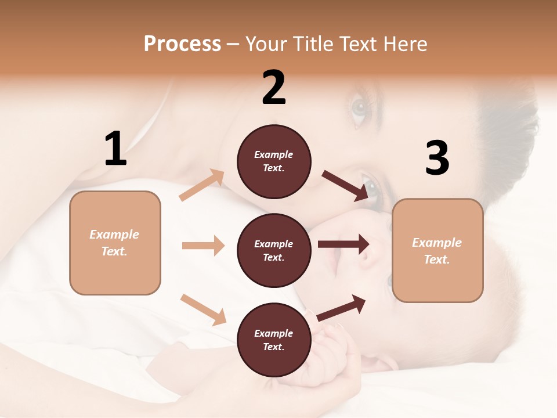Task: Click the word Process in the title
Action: [182, 44]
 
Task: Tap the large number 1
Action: [115, 149]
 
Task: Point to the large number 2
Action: [274, 88]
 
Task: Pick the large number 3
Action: [437, 158]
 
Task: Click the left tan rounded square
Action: [115, 243]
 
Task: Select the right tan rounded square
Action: [437, 251]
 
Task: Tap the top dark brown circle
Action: [274, 161]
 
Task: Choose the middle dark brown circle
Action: [274, 251]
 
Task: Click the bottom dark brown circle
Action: [274, 340]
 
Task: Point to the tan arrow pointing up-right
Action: [202, 185]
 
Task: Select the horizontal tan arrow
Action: [203, 246]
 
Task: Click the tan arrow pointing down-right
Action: [203, 309]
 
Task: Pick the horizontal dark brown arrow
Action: [343, 244]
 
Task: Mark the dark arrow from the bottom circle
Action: [342, 308]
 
